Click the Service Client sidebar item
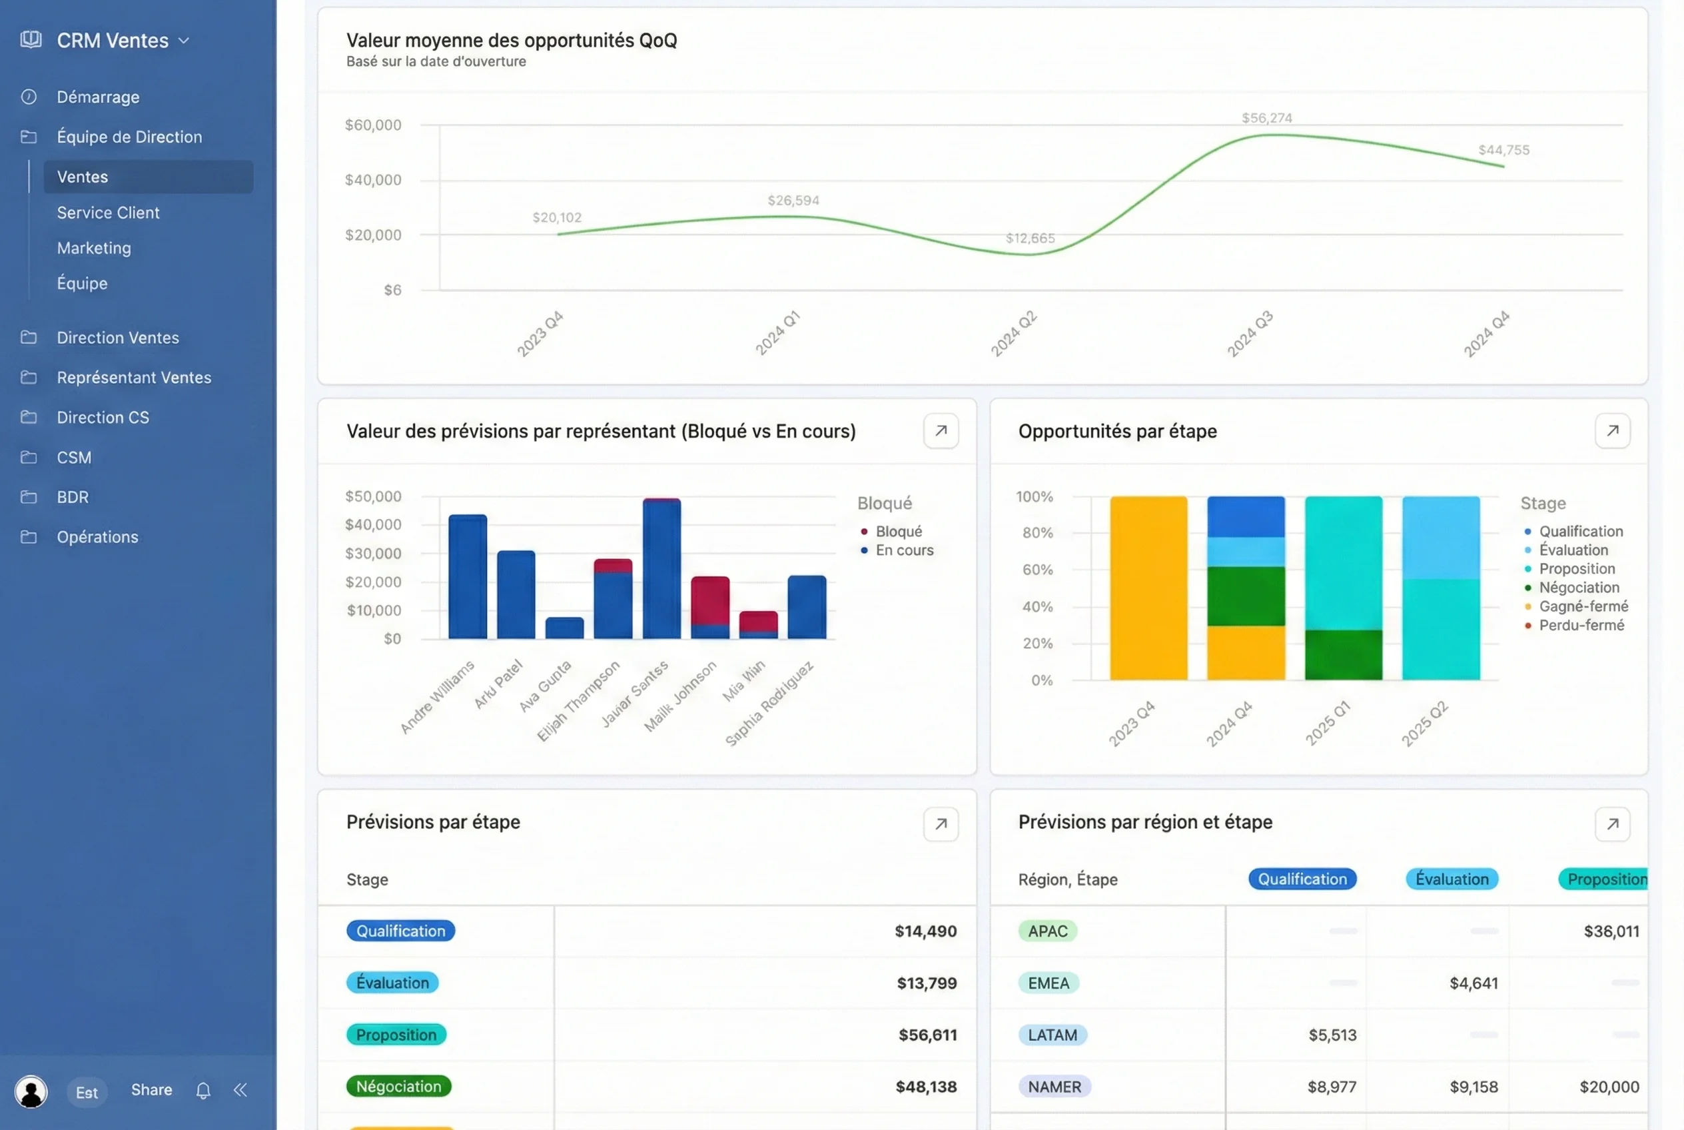pos(108,213)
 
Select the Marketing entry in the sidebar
pos(94,248)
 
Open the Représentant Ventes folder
pos(134,378)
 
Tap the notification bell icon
pos(203,1091)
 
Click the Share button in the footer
pos(151,1089)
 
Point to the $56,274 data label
pos(1266,118)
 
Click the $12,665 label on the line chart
pos(1030,239)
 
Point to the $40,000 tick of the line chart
pos(372,180)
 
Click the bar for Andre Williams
pos(468,576)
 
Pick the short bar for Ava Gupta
pos(564,628)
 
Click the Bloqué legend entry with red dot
pos(898,531)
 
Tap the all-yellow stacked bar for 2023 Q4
pos(1148,588)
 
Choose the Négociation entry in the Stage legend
pos(1578,588)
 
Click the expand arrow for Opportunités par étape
pos(1612,431)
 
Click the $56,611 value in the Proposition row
pos(927,1035)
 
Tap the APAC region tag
pos(1047,931)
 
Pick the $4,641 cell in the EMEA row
pos(1473,983)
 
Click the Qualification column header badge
pos(1302,879)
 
